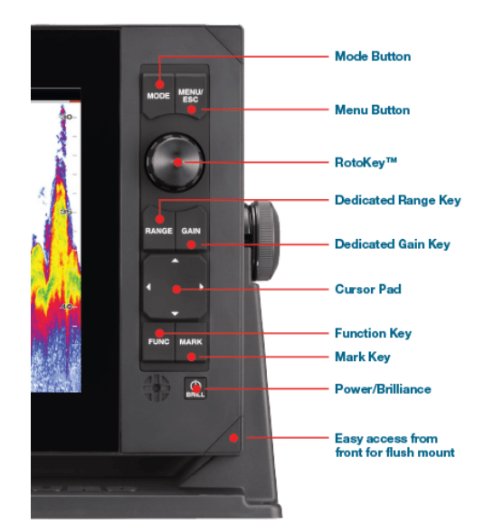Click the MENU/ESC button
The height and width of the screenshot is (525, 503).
(x=191, y=93)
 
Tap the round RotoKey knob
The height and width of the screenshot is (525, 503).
(x=176, y=162)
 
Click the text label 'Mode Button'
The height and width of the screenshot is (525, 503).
(x=372, y=56)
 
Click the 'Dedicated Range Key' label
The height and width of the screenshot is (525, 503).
(x=397, y=199)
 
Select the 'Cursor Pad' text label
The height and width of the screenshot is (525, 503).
(x=367, y=290)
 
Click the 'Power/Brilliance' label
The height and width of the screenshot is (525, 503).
(x=383, y=389)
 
